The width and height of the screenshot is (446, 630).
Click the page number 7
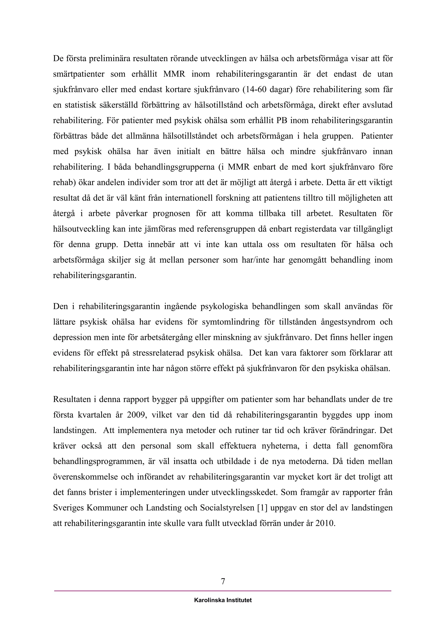(x=223, y=581)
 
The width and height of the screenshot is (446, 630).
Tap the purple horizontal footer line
(x=223, y=591)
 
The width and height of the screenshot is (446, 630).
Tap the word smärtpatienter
(x=79, y=74)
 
